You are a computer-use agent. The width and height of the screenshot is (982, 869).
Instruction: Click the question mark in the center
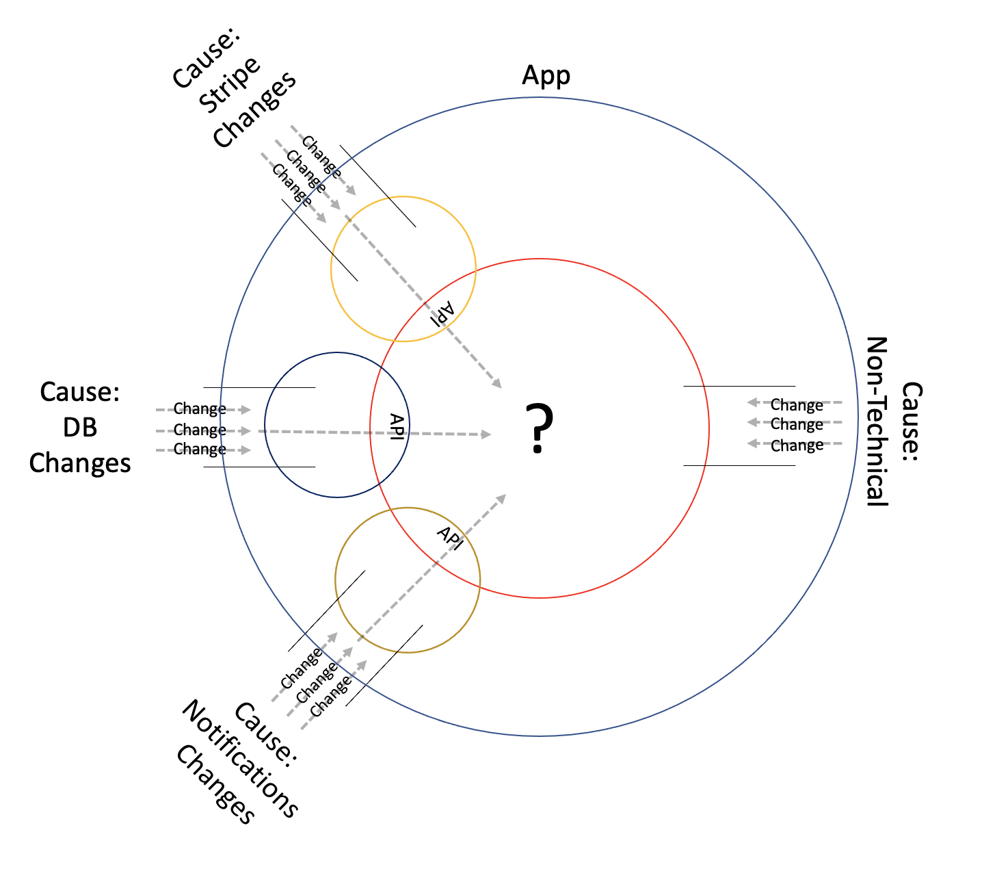tap(539, 428)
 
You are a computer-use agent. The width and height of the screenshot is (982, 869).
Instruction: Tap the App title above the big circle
tap(546, 75)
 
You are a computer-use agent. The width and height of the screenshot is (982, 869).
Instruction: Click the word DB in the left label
tap(80, 428)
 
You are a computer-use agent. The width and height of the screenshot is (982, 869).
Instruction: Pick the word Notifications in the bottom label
tap(239, 759)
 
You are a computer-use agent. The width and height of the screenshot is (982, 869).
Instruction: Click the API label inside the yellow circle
tap(442, 313)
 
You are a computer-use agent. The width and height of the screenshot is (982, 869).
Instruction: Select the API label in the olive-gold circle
tap(450, 538)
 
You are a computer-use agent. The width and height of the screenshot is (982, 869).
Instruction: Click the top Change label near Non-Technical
tap(797, 405)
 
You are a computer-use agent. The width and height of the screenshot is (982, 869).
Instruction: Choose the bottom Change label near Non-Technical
tap(797, 445)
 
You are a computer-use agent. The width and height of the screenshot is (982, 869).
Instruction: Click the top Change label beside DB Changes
tap(200, 409)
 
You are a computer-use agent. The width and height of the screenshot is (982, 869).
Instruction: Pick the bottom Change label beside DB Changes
tap(200, 450)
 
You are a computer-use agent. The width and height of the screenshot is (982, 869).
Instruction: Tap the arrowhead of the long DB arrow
tap(486, 434)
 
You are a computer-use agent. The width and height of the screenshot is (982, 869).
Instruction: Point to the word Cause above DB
tap(80, 392)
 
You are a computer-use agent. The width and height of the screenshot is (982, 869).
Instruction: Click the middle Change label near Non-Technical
tap(797, 424)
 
